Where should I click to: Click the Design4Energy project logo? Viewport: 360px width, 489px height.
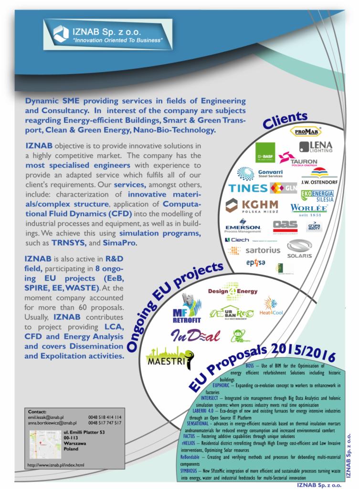[233, 291]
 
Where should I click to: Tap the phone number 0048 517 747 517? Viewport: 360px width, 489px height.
[105, 423]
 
